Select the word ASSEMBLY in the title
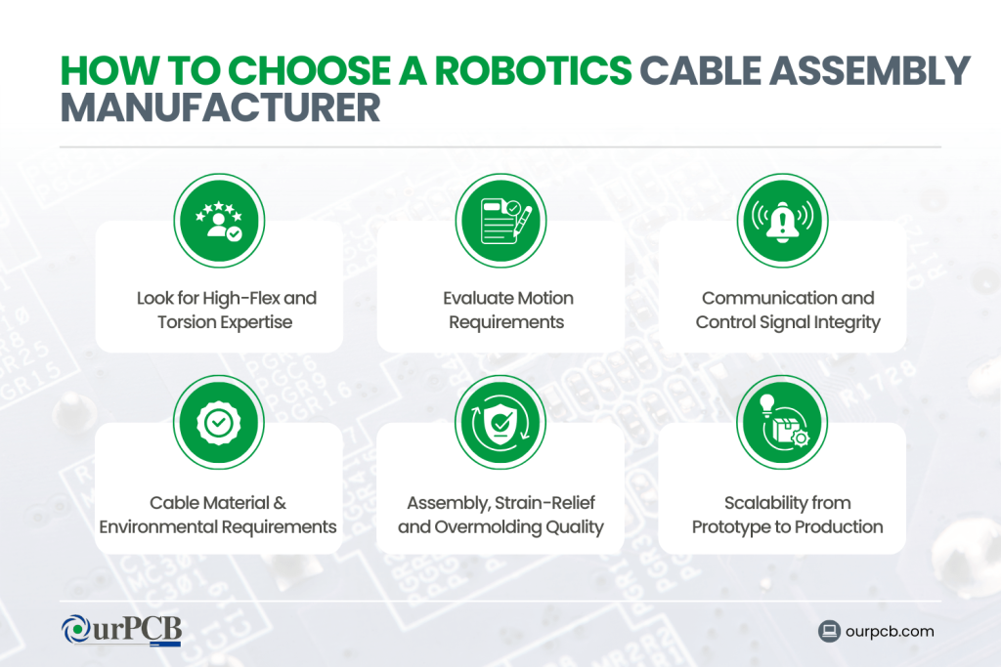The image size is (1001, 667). (869, 72)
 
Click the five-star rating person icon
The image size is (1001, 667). (219, 221)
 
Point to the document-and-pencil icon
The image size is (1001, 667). (500, 221)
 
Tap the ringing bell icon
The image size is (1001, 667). (782, 221)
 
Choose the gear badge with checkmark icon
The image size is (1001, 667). (219, 422)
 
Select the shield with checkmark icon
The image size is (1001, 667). (500, 422)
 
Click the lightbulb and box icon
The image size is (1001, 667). (782, 422)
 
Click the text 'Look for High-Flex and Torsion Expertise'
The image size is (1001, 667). (226, 310)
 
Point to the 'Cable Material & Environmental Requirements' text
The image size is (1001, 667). (218, 515)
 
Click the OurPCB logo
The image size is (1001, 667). (121, 630)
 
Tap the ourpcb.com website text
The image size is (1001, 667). (892, 631)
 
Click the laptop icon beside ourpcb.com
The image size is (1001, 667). (830, 631)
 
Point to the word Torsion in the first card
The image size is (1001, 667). (188, 322)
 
